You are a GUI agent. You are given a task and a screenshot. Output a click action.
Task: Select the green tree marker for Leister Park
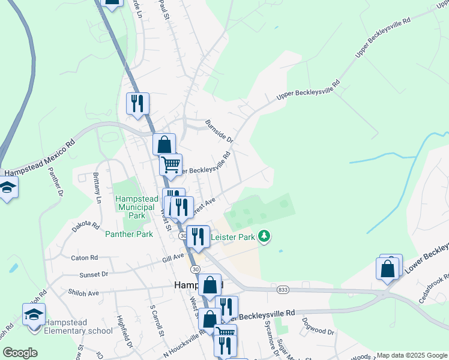264,238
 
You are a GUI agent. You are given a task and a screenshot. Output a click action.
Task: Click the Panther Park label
129,234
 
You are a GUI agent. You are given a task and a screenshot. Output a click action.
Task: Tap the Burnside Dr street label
218,130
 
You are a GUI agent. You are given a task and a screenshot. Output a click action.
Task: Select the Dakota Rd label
86,226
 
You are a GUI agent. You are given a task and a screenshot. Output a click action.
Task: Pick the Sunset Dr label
94,274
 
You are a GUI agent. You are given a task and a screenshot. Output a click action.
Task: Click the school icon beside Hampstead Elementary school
34,315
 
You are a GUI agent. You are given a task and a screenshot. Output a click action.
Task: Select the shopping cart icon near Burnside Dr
171,164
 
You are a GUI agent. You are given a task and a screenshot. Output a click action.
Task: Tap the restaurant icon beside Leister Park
198,237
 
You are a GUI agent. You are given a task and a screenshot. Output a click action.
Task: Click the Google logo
20,353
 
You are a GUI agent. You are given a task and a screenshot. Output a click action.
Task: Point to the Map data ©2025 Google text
412,355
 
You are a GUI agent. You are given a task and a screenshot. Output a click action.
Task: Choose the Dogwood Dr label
318,331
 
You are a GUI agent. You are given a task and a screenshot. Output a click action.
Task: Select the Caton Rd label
84,257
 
